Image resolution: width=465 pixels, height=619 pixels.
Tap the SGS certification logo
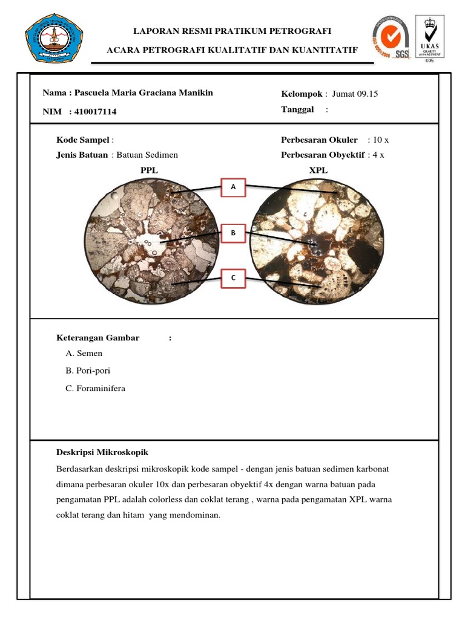pyautogui.click(x=391, y=38)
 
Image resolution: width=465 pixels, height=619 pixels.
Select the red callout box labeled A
pyautogui.click(x=233, y=187)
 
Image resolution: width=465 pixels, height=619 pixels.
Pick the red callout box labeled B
pyautogui.click(x=233, y=233)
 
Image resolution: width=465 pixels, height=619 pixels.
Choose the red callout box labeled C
pyautogui.click(x=233, y=278)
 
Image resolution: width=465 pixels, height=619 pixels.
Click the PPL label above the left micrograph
pyautogui.click(x=149, y=170)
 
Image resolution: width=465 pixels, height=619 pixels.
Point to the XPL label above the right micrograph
pyautogui.click(x=318, y=170)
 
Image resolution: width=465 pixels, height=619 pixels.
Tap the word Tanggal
pyautogui.click(x=297, y=109)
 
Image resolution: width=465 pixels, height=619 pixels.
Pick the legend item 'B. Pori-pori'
pyautogui.click(x=88, y=371)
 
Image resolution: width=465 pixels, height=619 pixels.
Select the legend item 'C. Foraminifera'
pyautogui.click(x=95, y=388)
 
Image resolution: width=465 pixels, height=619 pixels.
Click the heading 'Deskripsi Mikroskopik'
pyautogui.click(x=102, y=452)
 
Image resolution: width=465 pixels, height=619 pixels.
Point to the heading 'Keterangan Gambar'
pyautogui.click(x=97, y=338)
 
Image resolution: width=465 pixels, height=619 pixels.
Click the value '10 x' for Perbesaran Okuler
pyautogui.click(x=381, y=140)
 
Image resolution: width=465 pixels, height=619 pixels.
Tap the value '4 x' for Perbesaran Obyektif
pyautogui.click(x=378, y=155)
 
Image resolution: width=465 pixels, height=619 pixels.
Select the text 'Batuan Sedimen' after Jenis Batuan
pyautogui.click(x=147, y=155)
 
